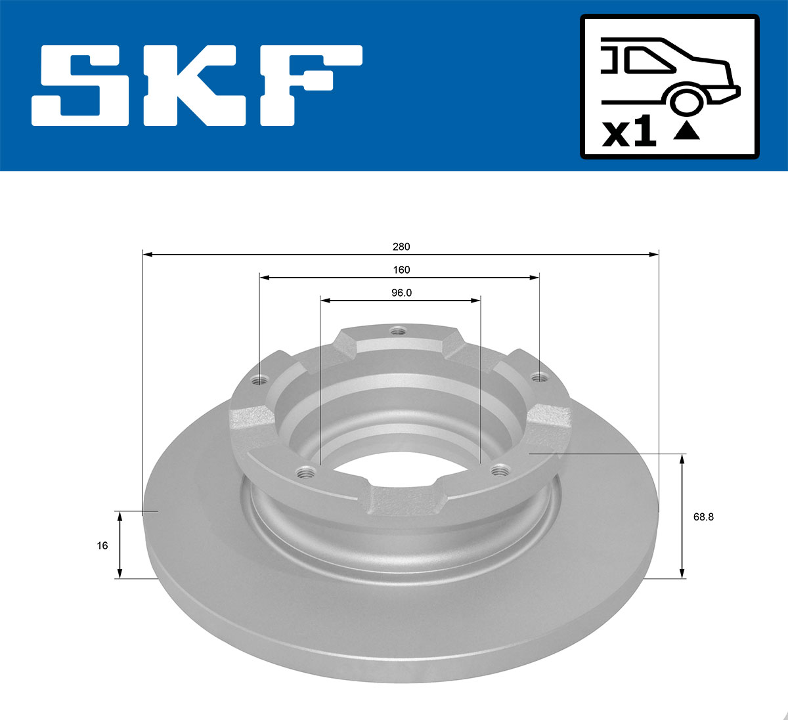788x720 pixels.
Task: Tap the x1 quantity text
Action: pos(629,132)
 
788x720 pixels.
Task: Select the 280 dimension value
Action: pos(401,247)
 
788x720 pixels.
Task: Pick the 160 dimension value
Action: pos(401,270)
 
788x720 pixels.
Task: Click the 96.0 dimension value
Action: pos(401,293)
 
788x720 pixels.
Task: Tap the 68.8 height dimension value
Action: pos(703,517)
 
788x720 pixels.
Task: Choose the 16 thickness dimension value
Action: pos(102,545)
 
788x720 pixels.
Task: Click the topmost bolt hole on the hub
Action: pos(396,331)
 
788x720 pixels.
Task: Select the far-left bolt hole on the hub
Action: pos(261,379)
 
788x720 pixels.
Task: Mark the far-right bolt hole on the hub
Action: pos(538,377)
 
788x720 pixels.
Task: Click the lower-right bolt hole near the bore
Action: pos(500,469)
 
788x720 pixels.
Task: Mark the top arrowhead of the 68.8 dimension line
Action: pos(682,458)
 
